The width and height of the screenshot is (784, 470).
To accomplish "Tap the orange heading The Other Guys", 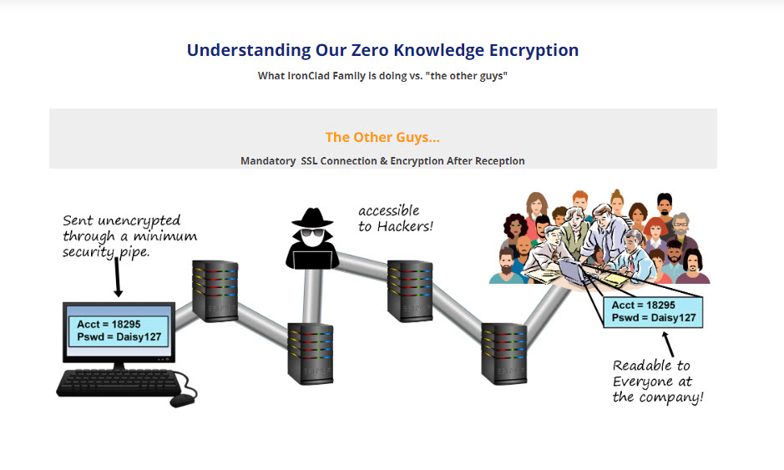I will pyautogui.click(x=382, y=137).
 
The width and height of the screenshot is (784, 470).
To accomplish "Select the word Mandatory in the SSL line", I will pyautogui.click(x=267, y=160).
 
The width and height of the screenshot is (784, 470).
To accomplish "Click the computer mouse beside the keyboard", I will pyautogui.click(x=182, y=400).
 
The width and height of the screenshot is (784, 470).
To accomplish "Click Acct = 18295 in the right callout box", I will pyautogui.click(x=642, y=305).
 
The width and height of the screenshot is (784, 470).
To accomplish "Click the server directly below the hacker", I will pyautogui.click(x=311, y=354).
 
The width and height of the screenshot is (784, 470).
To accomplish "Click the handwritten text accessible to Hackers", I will pyautogui.click(x=395, y=218).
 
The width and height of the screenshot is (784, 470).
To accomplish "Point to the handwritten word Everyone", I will pyautogui.click(x=652, y=382).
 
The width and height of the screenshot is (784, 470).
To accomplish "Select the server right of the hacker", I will pyautogui.click(x=409, y=291).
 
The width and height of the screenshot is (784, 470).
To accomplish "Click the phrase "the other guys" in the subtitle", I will pyautogui.click(x=470, y=76).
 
